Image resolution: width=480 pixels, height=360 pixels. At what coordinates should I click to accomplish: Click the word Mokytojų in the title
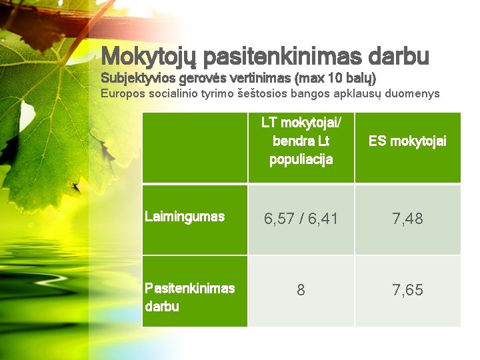[148, 56]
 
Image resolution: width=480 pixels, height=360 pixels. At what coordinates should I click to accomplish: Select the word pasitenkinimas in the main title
[273, 56]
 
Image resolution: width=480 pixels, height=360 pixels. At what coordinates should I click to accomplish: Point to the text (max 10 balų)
[327, 79]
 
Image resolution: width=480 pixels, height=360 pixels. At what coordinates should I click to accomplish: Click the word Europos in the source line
[121, 93]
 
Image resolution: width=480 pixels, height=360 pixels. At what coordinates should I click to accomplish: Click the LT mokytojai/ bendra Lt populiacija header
[301, 141]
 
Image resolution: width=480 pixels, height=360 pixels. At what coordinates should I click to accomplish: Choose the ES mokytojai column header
[407, 141]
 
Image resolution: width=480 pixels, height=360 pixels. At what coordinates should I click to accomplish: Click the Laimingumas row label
[185, 217]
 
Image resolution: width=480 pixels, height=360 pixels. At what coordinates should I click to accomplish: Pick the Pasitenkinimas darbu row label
[190, 297]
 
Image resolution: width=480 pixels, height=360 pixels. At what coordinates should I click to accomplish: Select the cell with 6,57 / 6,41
[301, 219]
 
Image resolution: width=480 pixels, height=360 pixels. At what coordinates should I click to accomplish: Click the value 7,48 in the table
[407, 219]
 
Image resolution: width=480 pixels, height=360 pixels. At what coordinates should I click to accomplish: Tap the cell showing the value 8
[301, 290]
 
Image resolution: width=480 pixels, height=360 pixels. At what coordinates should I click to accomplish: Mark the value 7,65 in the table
[407, 290]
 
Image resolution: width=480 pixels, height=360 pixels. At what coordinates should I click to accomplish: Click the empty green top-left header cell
[195, 147]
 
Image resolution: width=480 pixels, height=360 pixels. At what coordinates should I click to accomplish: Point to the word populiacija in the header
[301, 160]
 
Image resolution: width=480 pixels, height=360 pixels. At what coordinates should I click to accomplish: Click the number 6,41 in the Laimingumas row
[322, 219]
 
